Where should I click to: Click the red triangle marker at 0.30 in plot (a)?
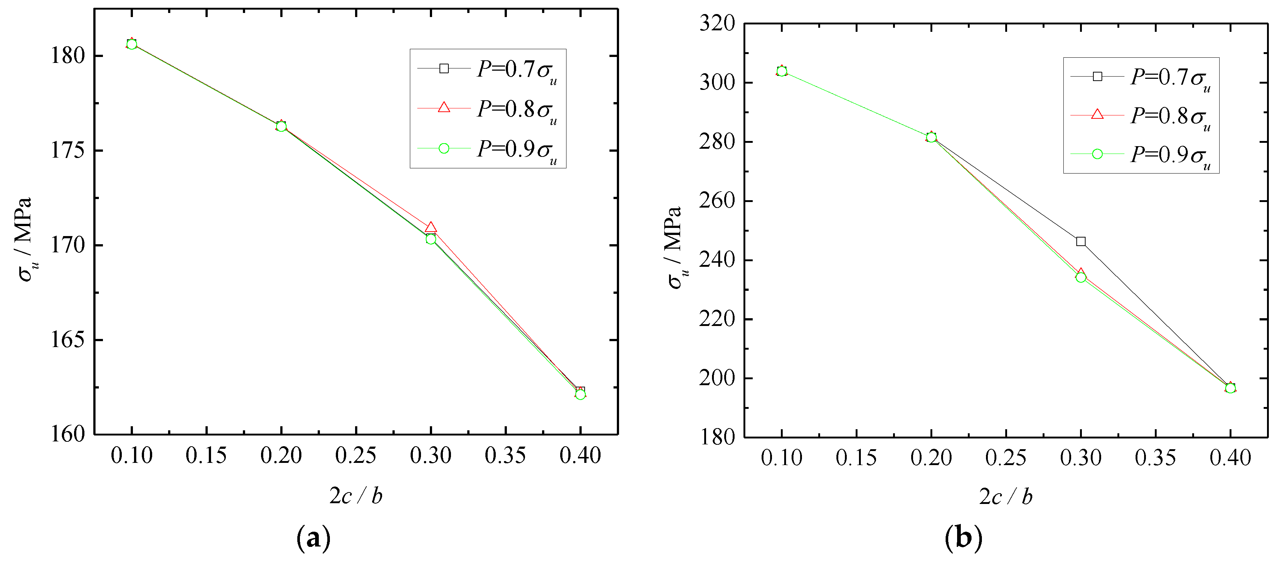(x=430, y=228)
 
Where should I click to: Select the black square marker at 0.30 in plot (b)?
(x=1081, y=241)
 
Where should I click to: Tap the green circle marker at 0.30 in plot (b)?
(x=1081, y=277)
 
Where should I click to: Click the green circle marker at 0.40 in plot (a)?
(x=580, y=394)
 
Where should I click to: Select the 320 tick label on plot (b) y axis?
(x=717, y=23)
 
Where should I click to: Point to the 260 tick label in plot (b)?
(x=717, y=201)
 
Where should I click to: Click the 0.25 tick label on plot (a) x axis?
(x=355, y=455)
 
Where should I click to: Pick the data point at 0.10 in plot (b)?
(x=782, y=71)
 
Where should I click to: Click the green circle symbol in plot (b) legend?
(x=1097, y=154)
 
